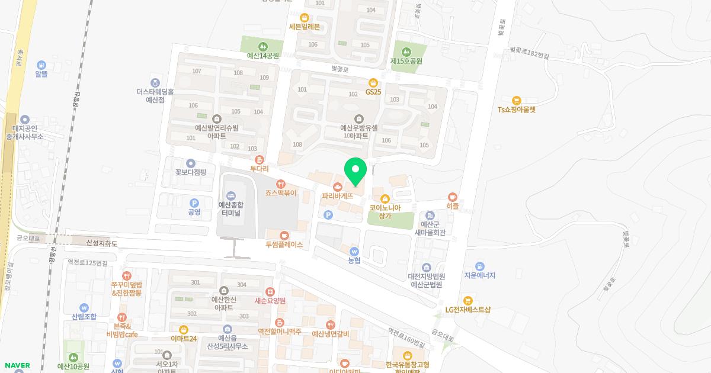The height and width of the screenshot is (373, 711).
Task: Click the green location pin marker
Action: coord(355,172)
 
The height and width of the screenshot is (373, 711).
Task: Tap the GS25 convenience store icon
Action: coord(373,83)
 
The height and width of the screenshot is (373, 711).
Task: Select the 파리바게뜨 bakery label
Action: coord(338,195)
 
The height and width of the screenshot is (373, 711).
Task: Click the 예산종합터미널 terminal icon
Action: coord(231,195)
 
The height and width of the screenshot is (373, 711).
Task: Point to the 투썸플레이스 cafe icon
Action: coord(284,235)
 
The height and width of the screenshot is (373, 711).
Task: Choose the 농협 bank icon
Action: coord(354,251)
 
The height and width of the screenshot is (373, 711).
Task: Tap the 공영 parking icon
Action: coord(194,202)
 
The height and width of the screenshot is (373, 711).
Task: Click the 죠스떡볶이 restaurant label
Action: coord(281,193)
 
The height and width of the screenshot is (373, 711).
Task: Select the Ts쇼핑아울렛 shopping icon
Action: coord(516,100)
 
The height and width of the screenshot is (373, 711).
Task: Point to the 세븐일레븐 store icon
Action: coord(305,17)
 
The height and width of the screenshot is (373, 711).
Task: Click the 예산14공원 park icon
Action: coord(262,46)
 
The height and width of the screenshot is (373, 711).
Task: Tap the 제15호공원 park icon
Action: coord(406,52)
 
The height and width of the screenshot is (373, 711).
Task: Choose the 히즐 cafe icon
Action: coord(453,197)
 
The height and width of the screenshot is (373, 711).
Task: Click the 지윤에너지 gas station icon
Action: coord(479,266)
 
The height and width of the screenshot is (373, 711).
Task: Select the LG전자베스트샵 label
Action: coord(468,310)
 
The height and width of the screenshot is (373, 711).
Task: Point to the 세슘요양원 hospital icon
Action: coord(270,291)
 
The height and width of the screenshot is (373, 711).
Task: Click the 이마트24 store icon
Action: coord(184,329)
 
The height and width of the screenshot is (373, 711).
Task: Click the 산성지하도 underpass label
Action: coord(102,243)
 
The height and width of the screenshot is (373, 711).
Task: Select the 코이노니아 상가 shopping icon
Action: coord(385,198)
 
